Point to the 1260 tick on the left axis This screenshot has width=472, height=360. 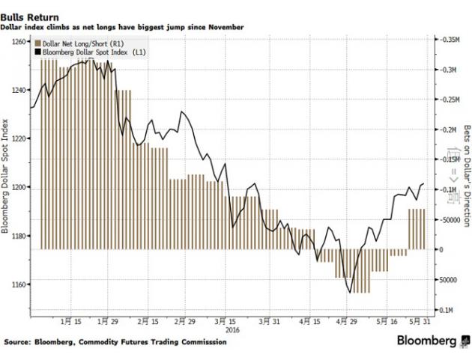19,42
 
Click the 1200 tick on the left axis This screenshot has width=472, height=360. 19,187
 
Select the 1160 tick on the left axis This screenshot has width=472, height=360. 19,284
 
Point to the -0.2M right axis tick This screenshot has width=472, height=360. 451,129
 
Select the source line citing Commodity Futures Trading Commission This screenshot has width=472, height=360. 117,343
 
